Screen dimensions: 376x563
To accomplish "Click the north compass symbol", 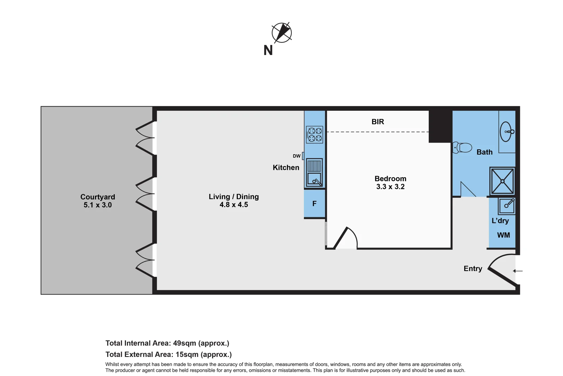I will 281,33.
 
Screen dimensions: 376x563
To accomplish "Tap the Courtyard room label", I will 98,197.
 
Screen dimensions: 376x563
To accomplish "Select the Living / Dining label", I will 234,197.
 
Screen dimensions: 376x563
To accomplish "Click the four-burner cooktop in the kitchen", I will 314,135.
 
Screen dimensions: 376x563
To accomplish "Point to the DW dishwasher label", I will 297,156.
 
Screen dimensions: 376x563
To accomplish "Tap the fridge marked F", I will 314,204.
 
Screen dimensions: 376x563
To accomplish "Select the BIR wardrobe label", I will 378,122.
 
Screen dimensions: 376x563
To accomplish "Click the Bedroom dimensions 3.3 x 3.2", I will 390,187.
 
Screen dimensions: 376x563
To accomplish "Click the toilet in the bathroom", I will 462,148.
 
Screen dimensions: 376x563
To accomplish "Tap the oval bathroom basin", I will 506,132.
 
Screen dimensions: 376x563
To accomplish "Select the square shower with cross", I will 502,181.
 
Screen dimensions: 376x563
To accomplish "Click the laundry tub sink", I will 506,206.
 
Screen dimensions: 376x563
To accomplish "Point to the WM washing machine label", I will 503,235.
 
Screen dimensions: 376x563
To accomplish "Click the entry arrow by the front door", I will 518,271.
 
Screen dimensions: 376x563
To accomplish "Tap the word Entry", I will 473,269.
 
